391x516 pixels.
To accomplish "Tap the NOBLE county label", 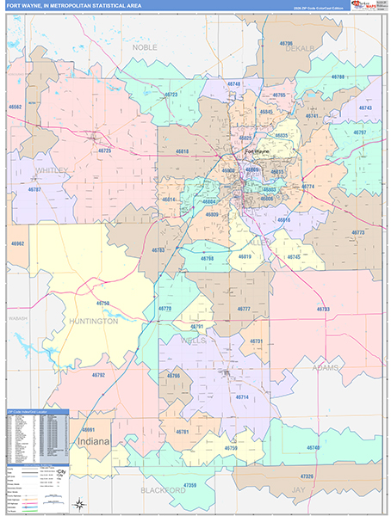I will pos(144,47).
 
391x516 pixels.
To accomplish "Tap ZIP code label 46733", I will pos(323,309).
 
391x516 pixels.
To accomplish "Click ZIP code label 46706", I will pos(287,42).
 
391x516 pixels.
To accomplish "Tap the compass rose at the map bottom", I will pos(80,504).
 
